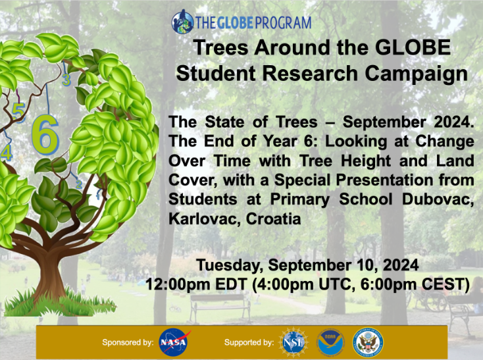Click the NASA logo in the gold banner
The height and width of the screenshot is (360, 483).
(174, 342)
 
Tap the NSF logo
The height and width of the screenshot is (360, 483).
(293, 342)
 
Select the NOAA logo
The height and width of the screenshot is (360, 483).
(330, 342)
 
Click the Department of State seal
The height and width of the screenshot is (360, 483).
(367, 342)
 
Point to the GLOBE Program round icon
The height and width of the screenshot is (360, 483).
(183, 22)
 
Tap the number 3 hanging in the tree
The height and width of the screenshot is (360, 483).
(66, 80)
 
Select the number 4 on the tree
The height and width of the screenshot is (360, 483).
(7, 153)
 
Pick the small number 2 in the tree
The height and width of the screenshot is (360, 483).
(79, 184)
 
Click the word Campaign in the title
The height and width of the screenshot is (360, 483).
(416, 74)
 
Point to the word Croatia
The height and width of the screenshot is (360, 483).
(273, 219)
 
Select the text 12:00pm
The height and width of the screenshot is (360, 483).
(180, 284)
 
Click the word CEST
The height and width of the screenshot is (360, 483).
(444, 284)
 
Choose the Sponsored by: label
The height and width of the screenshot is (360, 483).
(128, 342)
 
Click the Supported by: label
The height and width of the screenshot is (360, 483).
(249, 342)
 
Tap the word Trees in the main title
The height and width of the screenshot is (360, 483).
(221, 48)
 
